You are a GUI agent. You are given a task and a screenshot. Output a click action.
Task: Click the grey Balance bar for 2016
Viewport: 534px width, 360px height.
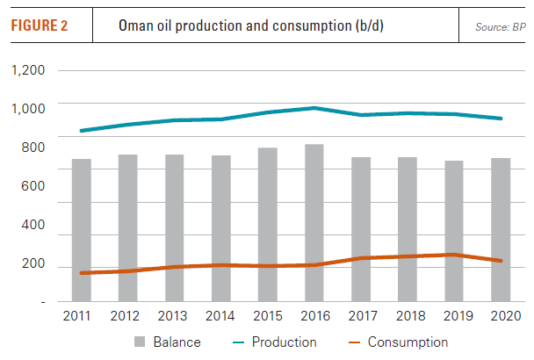pyautogui.click(x=314, y=223)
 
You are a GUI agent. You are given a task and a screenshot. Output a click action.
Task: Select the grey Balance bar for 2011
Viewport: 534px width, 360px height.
pyautogui.click(x=81, y=230)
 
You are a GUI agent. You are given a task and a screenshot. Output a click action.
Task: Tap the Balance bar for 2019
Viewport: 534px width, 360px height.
pyautogui.click(x=454, y=231)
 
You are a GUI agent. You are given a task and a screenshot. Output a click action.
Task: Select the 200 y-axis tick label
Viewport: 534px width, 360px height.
pyautogui.click(x=35, y=264)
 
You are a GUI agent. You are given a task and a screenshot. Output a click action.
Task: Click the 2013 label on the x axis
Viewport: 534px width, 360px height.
pyautogui.click(x=175, y=315)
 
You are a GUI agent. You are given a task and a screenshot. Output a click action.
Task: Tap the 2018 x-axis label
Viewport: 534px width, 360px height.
pyautogui.click(x=408, y=315)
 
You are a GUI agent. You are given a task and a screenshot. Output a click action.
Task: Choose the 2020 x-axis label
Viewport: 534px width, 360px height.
pyautogui.click(x=501, y=315)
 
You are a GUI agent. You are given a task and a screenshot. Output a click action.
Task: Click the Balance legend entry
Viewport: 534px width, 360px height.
pyautogui.click(x=168, y=342)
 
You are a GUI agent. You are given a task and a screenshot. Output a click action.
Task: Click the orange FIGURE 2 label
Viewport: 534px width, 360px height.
pyautogui.click(x=39, y=25)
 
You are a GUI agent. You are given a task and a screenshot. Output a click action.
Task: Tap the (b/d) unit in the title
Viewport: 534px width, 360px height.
pyautogui.click(x=366, y=25)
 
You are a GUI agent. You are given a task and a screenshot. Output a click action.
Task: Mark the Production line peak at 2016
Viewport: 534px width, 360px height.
pyautogui.click(x=314, y=108)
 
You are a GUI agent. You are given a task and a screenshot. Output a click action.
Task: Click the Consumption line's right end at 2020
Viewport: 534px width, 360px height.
pyautogui.click(x=501, y=261)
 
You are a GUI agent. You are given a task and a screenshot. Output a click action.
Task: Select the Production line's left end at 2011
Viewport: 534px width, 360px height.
pyautogui.click(x=81, y=131)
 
